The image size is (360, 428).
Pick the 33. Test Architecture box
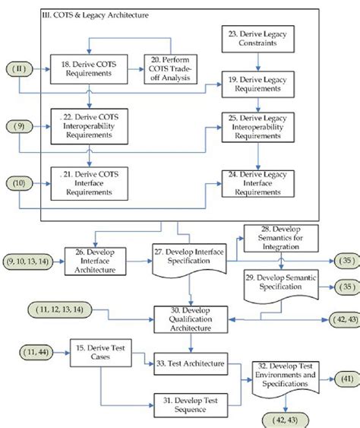pos(191,363)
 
